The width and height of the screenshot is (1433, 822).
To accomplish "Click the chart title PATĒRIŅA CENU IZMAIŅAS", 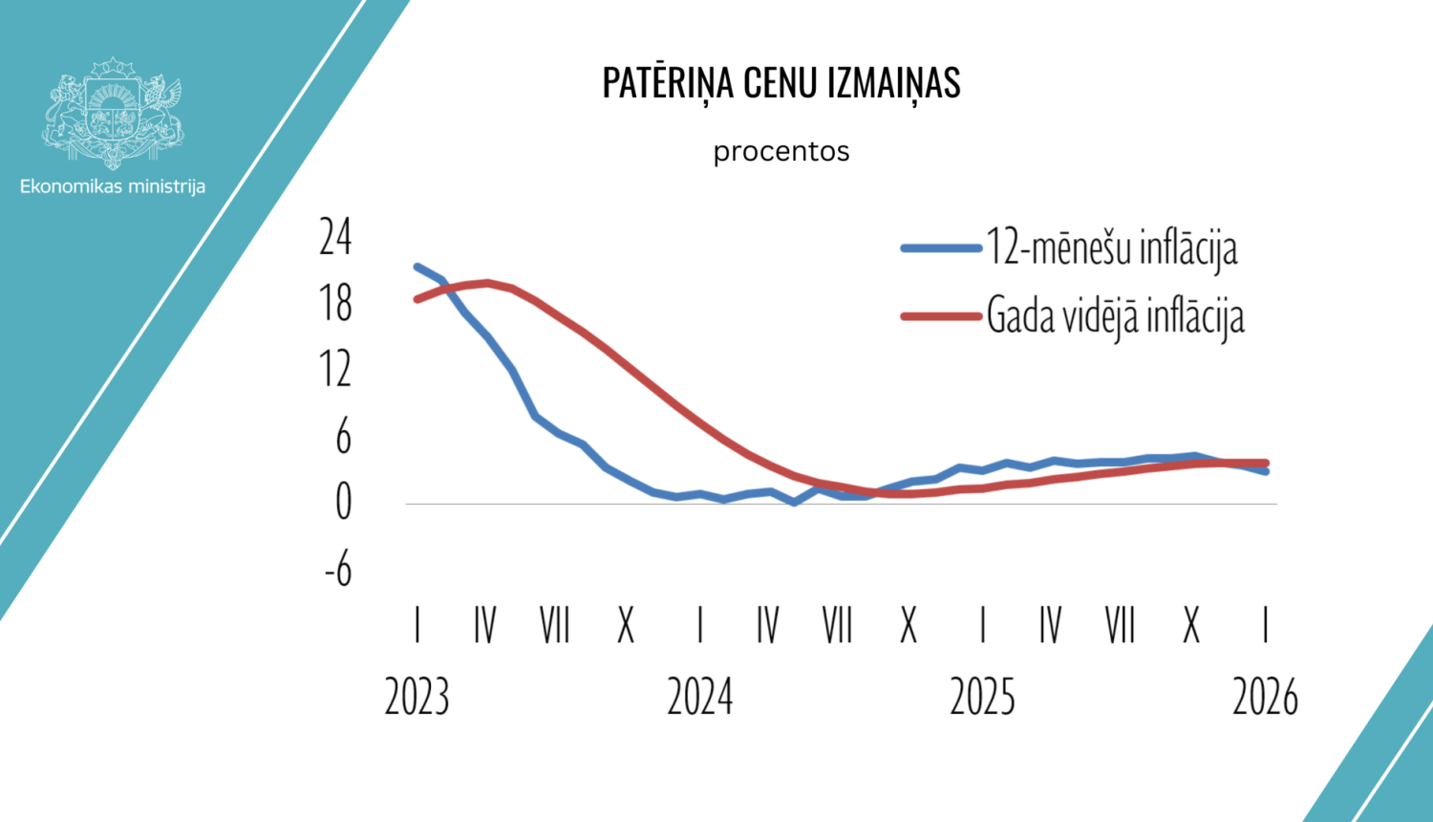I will coord(781,83).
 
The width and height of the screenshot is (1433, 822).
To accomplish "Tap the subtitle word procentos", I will coord(781,152).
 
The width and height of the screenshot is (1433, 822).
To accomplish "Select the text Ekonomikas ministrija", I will coord(113,186).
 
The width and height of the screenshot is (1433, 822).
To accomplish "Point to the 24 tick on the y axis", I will coord(336,237).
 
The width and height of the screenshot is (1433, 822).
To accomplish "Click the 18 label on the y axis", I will coord(336,304).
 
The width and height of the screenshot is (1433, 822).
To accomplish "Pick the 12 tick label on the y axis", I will coord(336,370).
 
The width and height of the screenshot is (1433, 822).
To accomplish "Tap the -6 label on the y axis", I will coord(338,571).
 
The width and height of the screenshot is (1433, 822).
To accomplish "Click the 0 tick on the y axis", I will coord(343,503).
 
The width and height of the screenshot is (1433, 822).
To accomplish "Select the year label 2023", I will coord(417,697).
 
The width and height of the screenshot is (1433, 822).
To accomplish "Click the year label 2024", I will coord(699,697).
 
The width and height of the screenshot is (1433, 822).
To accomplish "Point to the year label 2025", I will coord(982,697).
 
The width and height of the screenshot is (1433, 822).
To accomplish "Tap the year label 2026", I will coord(1265,697).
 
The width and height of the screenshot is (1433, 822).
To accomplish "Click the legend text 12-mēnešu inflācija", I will coord(1112,248).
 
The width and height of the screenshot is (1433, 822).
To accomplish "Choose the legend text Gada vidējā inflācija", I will coord(1115,316).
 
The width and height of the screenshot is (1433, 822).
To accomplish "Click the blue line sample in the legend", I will coord(941,249).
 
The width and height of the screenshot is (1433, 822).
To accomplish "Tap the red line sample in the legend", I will coord(941,316).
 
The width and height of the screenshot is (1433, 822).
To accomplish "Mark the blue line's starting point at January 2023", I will coord(417,267).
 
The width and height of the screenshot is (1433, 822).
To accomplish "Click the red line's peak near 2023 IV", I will coord(487,283).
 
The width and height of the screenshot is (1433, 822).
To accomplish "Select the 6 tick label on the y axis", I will coord(343,437).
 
